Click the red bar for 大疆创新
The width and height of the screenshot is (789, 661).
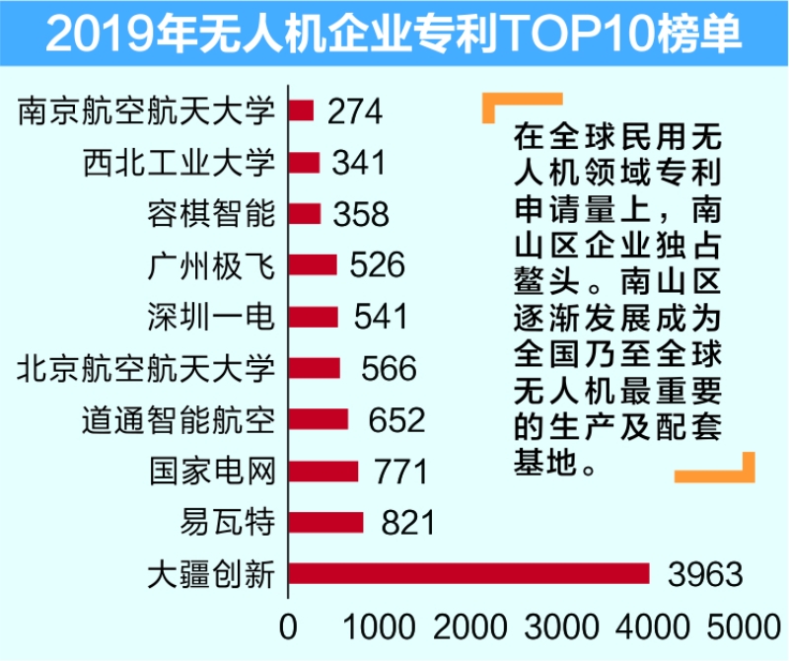point(468,573)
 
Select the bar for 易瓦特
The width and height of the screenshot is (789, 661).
point(325,522)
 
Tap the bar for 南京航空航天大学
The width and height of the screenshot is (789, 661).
point(301,110)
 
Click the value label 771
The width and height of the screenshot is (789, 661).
point(401,472)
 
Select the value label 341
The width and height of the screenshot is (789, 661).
point(359,162)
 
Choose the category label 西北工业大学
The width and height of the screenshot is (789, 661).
point(179,162)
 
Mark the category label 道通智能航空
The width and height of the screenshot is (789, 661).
point(179,419)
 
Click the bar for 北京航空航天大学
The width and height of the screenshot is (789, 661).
point(315,368)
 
